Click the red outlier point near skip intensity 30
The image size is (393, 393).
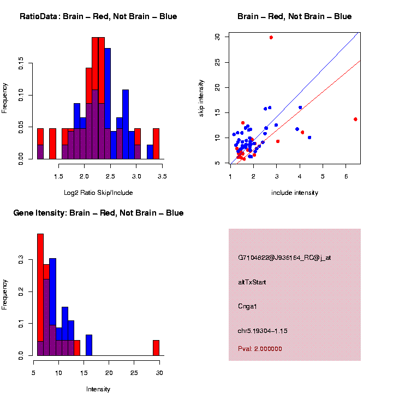(271, 37)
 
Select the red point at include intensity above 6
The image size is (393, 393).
(355, 119)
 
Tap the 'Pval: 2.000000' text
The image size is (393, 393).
(260, 349)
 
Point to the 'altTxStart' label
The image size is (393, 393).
(252, 282)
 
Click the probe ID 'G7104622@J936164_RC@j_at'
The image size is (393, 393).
(284, 258)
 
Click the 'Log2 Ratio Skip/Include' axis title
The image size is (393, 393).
(98, 193)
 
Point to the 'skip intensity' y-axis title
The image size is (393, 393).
(201, 98)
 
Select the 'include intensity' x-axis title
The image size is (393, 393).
(295, 193)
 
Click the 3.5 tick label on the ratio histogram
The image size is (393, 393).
(162, 176)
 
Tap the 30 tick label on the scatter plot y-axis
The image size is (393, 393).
(217, 37)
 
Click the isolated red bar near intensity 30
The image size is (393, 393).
(156, 348)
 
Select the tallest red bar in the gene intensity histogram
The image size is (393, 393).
(40, 295)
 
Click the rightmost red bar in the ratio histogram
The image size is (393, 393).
(156, 144)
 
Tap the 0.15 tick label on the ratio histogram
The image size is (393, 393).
(21, 65)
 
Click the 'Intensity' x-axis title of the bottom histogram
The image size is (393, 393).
(98, 389)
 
